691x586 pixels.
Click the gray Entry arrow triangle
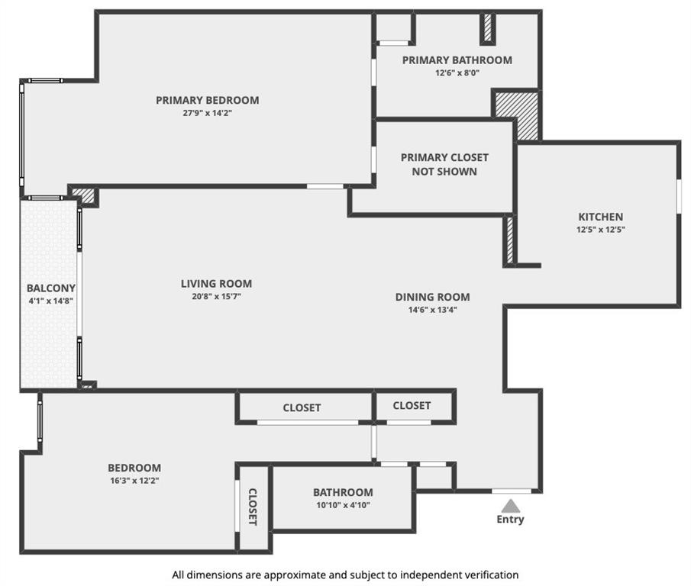[x=510, y=506]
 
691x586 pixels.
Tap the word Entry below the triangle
[x=510, y=520]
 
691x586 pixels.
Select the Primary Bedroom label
[x=208, y=100]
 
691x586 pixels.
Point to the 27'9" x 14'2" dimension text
[x=208, y=113]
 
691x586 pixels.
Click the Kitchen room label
[x=601, y=217]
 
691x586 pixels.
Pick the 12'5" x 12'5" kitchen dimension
[x=601, y=230]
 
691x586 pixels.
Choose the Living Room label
[x=216, y=284]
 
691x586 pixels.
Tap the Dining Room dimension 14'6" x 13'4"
[x=432, y=310]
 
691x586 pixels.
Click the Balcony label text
[x=51, y=288]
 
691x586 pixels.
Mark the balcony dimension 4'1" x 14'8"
[x=50, y=301]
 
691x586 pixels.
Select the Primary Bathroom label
[x=457, y=60]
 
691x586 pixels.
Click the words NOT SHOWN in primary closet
[x=444, y=171]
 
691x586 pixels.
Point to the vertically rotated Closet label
[x=253, y=507]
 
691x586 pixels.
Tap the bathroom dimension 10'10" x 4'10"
[x=343, y=505]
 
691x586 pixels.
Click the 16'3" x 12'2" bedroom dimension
[x=134, y=481]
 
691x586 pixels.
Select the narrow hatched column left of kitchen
[x=510, y=240]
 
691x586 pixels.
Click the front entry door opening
[x=512, y=491]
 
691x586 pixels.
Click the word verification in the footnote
[x=492, y=575]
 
